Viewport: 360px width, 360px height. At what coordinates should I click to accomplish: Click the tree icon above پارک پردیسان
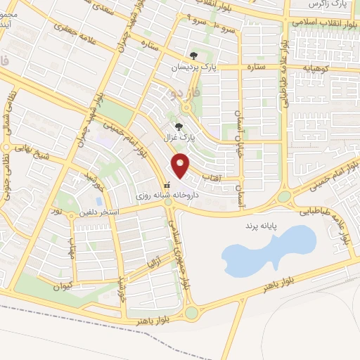193,55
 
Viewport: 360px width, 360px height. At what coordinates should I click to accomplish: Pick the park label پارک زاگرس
328,4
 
